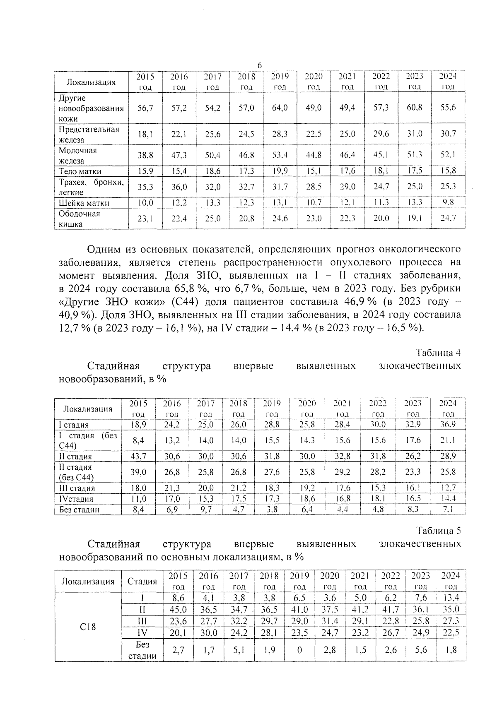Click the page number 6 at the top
[x=260, y=65]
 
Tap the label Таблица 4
[x=438, y=353]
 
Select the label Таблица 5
[x=439, y=531]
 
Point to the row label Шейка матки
[x=84, y=203]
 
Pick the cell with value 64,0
[x=280, y=108]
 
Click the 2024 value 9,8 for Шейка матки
[x=448, y=202]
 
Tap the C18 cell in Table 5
[x=88, y=627]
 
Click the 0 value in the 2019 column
[x=299, y=650]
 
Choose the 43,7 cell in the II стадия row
[x=138, y=456]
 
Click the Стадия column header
[x=142, y=581]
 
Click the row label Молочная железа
[x=78, y=156]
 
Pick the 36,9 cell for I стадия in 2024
[x=448, y=424]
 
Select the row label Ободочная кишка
[x=79, y=219]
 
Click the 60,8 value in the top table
[x=414, y=108]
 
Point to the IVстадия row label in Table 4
[x=76, y=499]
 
